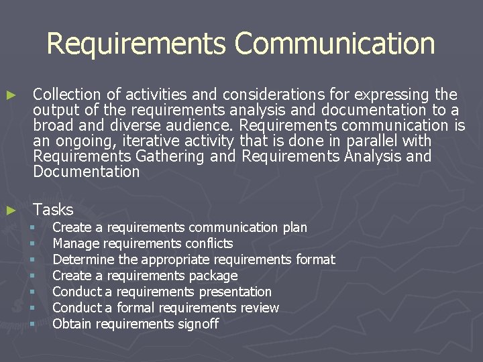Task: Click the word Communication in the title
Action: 335,44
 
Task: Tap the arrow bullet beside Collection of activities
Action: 9,95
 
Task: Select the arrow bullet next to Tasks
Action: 9,210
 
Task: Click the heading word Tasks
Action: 53,210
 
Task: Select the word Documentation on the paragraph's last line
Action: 86,172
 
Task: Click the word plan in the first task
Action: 294,227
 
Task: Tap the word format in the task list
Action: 315,259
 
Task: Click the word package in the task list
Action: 213,276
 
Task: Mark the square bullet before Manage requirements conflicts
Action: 31,243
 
